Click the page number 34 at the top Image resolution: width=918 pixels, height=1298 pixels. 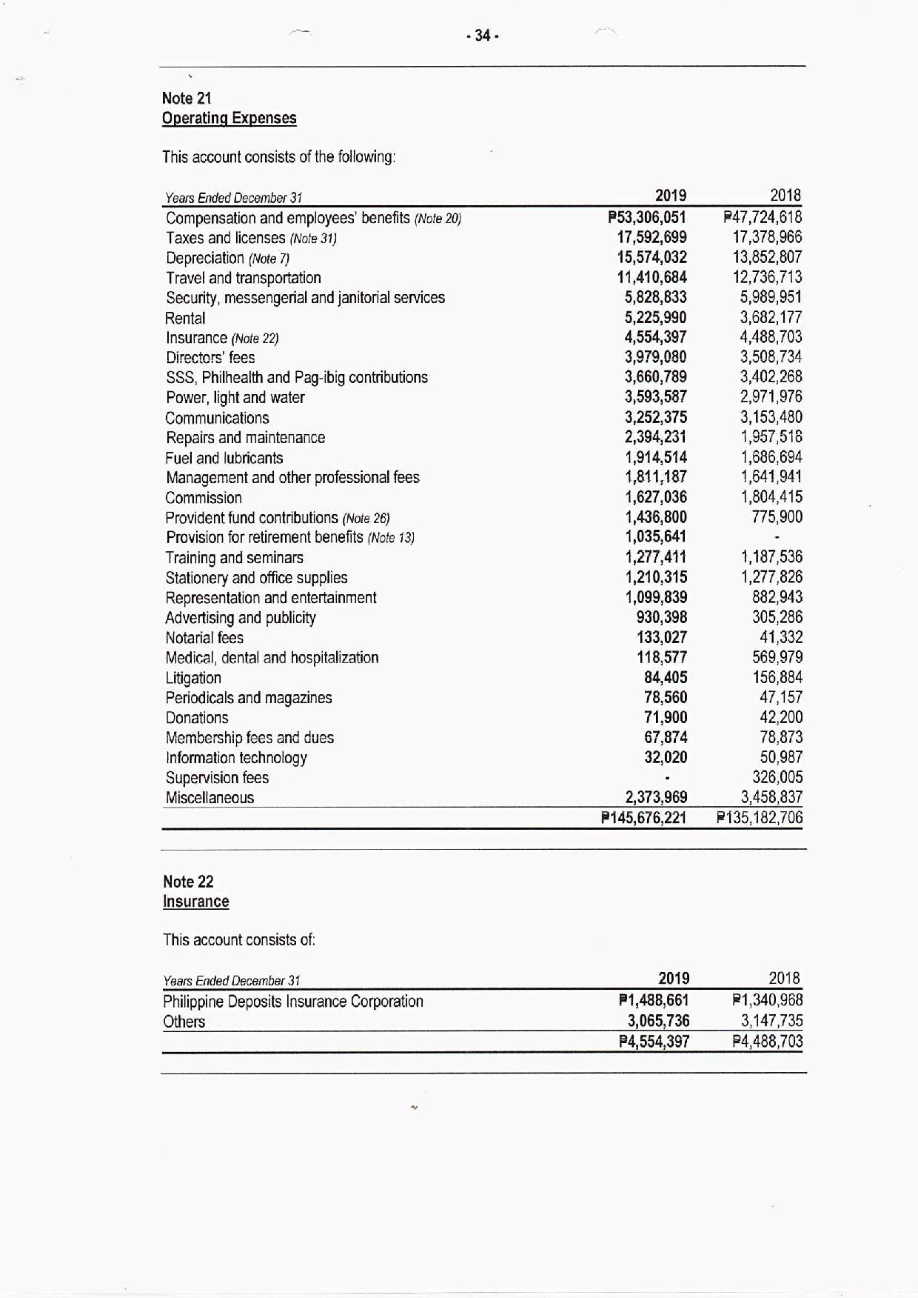pyautogui.click(x=483, y=36)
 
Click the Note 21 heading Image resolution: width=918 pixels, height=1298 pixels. pyautogui.click(x=187, y=98)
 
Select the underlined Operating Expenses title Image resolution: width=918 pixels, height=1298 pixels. pyautogui.click(x=229, y=118)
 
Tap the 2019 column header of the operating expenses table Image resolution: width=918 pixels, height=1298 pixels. pyautogui.click(x=671, y=196)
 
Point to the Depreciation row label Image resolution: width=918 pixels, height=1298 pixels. pyautogui.click(x=205, y=258)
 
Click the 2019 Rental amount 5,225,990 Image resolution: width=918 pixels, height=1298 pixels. pyautogui.click(x=655, y=318)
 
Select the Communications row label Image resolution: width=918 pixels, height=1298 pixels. pyautogui.click(x=217, y=418)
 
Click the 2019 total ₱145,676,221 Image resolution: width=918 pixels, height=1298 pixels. pyautogui.click(x=644, y=818)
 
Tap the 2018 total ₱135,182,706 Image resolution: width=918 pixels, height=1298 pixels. pyautogui.click(x=760, y=818)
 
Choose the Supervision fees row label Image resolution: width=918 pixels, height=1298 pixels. pyautogui.click(x=217, y=778)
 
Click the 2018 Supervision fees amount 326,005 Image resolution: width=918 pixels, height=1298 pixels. pyautogui.click(x=777, y=777)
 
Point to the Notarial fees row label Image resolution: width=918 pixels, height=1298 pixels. pyautogui.click(x=204, y=638)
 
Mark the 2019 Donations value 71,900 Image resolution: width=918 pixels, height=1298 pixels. pyautogui.click(x=666, y=717)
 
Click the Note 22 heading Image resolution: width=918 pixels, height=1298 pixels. pyautogui.click(x=188, y=881)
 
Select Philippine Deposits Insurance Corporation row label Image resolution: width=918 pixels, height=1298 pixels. pyautogui.click(x=293, y=1002)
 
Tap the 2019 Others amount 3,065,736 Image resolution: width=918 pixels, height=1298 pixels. pyautogui.click(x=658, y=1021)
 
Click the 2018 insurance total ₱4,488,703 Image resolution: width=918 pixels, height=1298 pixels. pyautogui.click(x=768, y=1041)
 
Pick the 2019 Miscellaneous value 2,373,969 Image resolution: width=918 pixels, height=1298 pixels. pyautogui.click(x=656, y=797)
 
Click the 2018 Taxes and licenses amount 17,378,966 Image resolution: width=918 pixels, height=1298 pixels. pyautogui.click(x=767, y=237)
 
